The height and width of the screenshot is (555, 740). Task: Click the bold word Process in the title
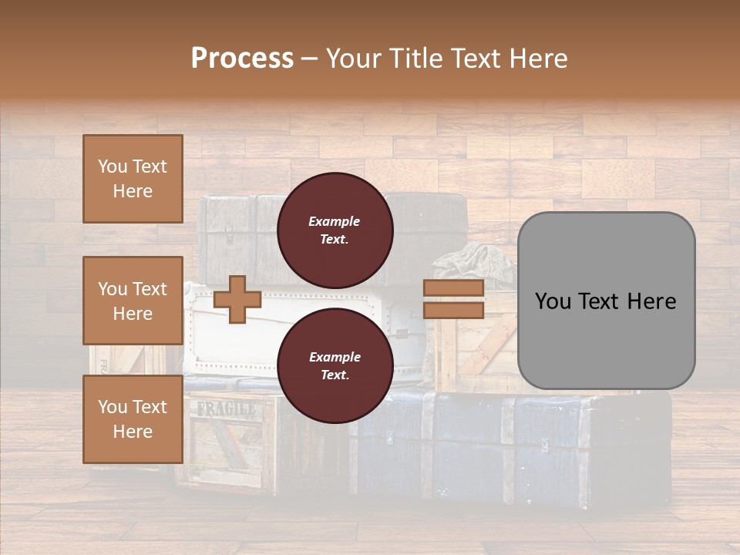242,59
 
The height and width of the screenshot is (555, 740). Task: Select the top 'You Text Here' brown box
133,179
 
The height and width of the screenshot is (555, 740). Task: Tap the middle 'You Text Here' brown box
133,301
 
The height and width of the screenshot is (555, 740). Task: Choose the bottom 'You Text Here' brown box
133,419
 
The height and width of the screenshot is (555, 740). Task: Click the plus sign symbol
237,299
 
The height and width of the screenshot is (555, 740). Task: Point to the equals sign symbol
453,299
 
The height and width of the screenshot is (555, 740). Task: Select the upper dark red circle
335,230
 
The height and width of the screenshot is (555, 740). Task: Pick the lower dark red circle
335,365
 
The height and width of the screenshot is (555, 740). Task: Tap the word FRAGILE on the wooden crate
226,409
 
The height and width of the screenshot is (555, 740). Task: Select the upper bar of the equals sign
453,288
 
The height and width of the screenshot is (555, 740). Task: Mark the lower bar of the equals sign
453,310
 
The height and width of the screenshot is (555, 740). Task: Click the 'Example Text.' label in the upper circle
335,230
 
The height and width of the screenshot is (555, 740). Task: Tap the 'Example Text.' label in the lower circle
335,365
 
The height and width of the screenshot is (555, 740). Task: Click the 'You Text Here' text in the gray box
606,301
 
